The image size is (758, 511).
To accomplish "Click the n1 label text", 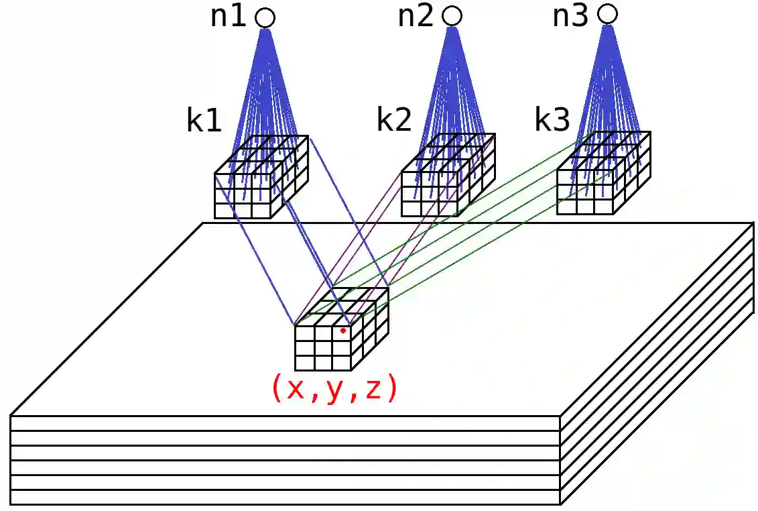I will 229,17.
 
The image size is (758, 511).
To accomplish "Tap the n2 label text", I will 416,17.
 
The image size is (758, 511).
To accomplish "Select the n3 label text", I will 570,15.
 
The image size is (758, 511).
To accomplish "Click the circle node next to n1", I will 265,18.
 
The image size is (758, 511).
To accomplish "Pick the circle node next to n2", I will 452,16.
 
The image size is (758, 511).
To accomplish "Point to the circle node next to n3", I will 607,13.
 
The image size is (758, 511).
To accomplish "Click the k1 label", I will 204,122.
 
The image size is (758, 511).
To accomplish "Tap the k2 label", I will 393,121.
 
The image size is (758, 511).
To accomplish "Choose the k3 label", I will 552,120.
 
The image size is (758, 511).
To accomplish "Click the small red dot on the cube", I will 342,331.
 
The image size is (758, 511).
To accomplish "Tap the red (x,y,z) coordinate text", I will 334,389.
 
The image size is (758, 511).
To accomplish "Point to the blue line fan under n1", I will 267,87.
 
